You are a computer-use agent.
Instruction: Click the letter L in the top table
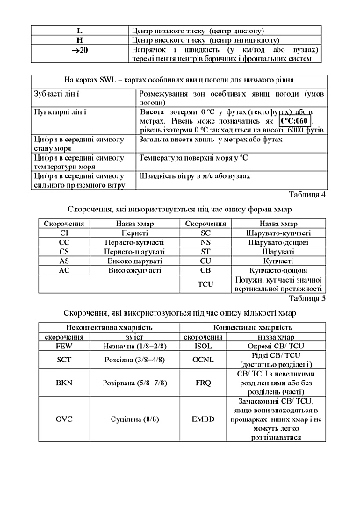point(80,31)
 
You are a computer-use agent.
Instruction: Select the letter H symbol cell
point(80,40)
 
